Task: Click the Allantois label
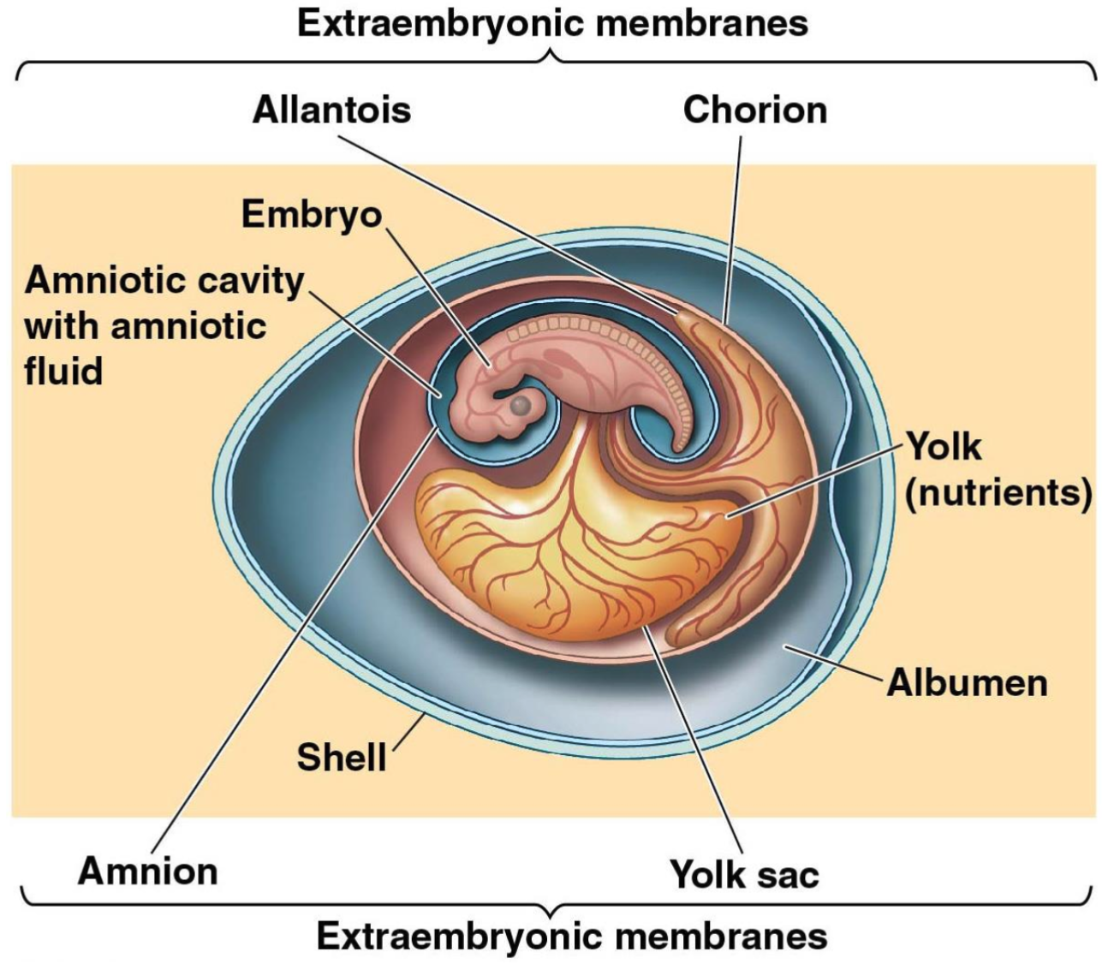click(331, 110)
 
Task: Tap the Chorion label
click(754, 110)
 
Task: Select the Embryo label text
click(312, 213)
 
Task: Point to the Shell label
click(341, 757)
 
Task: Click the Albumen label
click(967, 682)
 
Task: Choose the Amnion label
click(148, 871)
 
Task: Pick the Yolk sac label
click(744, 874)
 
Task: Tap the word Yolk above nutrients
click(943, 446)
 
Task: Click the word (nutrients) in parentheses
click(998, 492)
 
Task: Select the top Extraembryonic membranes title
click(552, 23)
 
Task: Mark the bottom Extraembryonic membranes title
click(572, 936)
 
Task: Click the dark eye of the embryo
click(521, 407)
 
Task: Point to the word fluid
click(63, 371)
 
